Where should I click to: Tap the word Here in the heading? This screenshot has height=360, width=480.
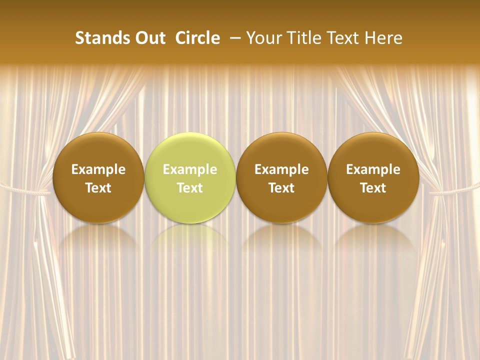click(x=384, y=38)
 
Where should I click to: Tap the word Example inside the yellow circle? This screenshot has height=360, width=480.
click(x=190, y=169)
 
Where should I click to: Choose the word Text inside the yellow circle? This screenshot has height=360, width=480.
click(x=190, y=188)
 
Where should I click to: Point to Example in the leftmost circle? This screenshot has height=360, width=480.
click(x=98, y=169)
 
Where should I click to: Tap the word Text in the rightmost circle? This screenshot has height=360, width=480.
click(x=373, y=188)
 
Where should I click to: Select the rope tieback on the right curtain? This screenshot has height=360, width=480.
click(x=452, y=189)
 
